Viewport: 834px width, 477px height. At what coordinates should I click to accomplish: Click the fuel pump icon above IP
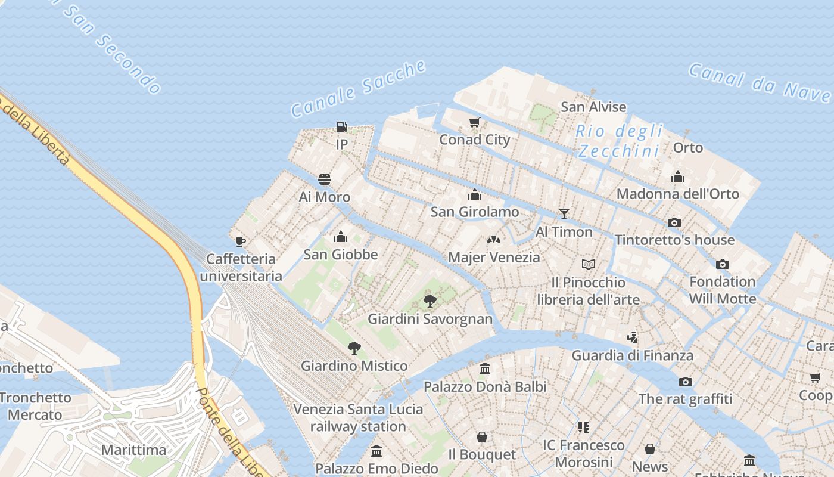pos(341,126)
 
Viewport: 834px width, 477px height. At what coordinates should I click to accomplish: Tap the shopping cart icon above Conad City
pos(474,123)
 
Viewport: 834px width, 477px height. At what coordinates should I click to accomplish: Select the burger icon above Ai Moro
pos(325,179)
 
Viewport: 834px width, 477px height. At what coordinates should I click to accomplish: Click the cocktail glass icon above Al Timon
pos(564,214)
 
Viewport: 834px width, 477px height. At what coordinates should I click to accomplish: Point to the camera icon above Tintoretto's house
pos(674,222)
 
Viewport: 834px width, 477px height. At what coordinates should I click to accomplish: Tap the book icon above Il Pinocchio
pos(588,264)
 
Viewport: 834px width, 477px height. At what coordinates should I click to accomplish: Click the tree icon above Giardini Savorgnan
pos(430,301)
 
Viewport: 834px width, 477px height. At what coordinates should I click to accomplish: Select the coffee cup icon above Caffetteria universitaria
pos(241,241)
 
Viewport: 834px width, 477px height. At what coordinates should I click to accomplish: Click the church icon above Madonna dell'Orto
pos(678,176)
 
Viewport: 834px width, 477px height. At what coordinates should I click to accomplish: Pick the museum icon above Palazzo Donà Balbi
pos(485,369)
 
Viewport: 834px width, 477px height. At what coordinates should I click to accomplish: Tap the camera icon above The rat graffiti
pos(686,381)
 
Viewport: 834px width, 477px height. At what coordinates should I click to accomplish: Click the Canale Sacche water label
pos(359,89)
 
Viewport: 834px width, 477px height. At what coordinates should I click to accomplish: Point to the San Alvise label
pos(593,107)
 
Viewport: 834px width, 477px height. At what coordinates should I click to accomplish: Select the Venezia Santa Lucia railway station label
pos(359,418)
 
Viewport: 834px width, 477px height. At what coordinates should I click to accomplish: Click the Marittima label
pos(133,450)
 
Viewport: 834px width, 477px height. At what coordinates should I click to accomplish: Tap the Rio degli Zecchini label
pos(620,141)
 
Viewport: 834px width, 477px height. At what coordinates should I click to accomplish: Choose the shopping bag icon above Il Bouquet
pos(482,437)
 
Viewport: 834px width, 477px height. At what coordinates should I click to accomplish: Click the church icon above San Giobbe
pos(341,237)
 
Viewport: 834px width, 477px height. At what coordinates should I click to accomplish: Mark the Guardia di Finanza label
pos(633,355)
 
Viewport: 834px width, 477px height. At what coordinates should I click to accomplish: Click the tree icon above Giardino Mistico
pos(354,348)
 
